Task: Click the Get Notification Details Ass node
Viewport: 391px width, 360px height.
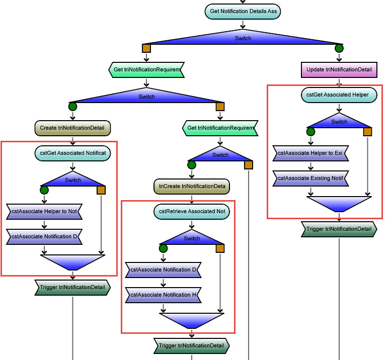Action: tap(243, 12)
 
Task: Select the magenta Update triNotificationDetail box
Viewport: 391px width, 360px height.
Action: tap(339, 70)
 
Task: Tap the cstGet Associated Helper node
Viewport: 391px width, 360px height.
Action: tap(339, 95)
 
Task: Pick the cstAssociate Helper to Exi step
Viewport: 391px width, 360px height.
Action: tap(310, 153)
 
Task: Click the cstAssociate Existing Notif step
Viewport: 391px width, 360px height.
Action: tap(310, 178)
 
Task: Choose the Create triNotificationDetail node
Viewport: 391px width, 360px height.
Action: tap(72, 128)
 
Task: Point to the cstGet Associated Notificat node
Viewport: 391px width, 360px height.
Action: tap(72, 153)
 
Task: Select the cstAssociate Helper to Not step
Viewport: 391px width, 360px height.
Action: tap(44, 212)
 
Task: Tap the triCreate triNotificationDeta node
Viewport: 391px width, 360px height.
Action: tap(192, 187)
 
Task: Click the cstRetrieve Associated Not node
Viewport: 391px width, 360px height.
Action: tap(192, 212)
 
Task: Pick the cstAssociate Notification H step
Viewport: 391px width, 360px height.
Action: tap(163, 295)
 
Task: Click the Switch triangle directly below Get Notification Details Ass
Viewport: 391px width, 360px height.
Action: tap(243, 38)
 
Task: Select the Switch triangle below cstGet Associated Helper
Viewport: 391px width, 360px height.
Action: tap(339, 121)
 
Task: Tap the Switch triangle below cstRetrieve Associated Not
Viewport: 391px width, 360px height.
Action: tap(192, 238)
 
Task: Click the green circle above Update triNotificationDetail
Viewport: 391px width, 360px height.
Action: tap(339, 48)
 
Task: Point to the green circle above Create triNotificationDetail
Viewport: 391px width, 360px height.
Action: tap(72, 107)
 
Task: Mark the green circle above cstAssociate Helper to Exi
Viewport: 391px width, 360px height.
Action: tap(310, 132)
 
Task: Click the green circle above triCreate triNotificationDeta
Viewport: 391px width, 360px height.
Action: tap(192, 165)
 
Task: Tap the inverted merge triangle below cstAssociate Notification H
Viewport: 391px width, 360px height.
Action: tap(192, 320)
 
